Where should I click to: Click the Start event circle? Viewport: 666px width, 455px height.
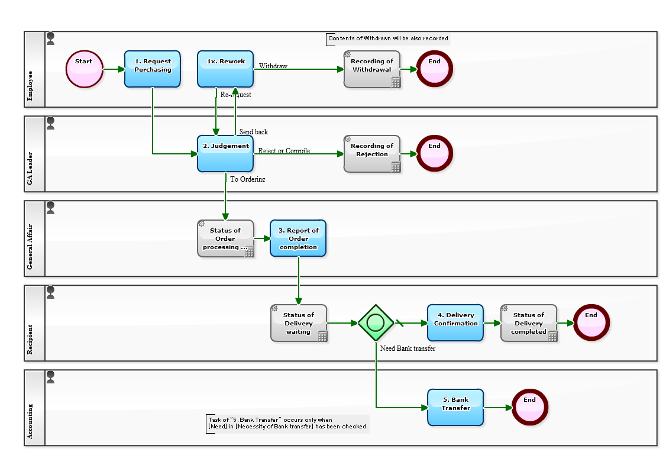pos(85,69)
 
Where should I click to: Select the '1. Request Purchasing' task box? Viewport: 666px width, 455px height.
pos(152,69)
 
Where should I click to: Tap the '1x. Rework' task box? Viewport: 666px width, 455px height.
pos(225,69)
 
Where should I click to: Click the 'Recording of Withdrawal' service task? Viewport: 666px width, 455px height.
pos(372,69)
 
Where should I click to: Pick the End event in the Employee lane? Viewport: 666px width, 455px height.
pos(434,69)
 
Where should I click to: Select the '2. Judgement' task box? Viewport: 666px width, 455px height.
pos(225,153)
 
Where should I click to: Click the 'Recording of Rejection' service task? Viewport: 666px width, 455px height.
pos(372,154)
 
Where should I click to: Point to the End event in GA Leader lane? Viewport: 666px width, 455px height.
pos(434,154)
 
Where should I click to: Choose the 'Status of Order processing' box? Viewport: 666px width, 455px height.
pos(225,238)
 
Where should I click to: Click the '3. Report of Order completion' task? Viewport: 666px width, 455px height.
pos(298,238)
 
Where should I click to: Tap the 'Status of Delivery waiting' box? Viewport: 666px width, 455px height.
pos(299,323)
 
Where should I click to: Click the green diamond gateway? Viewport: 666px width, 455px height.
pos(376,323)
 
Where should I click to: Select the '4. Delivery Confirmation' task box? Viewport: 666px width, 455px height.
pos(455,323)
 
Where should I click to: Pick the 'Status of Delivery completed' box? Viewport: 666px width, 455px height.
pos(529,323)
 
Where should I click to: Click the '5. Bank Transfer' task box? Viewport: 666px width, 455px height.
pos(455,408)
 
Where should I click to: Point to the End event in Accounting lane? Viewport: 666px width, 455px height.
pos(529,408)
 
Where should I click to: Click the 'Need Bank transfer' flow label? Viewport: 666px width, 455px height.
pos(408,348)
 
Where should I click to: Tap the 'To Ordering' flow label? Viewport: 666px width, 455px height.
pos(247,179)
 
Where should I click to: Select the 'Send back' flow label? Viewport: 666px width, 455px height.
pos(253,132)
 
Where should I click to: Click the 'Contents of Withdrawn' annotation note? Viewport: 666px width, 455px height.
pos(388,38)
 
